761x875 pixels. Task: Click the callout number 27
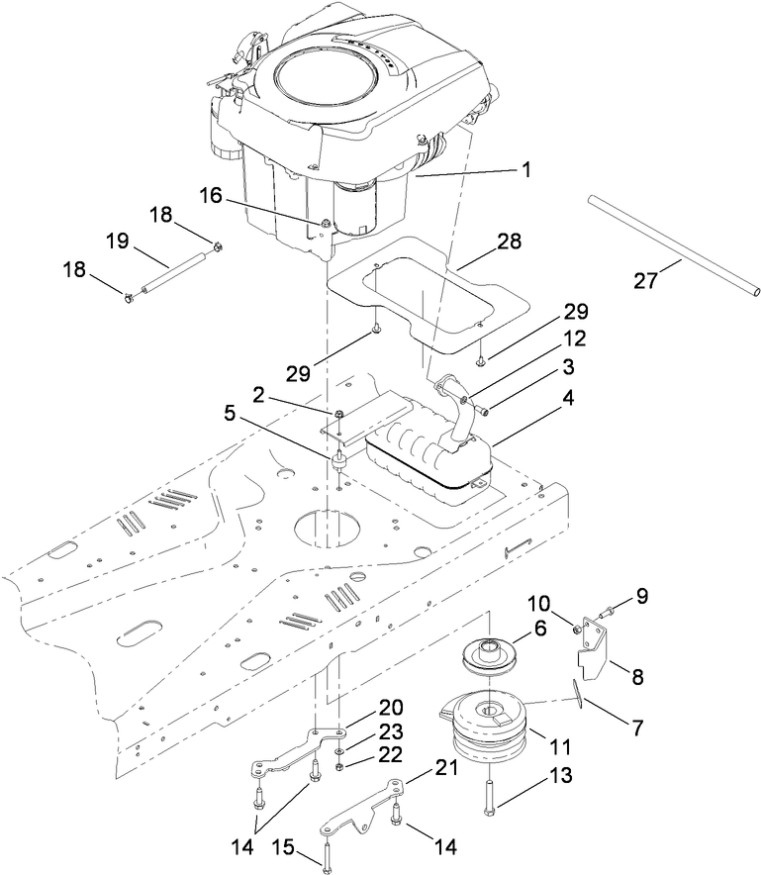646,281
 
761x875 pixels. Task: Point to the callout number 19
117,242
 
